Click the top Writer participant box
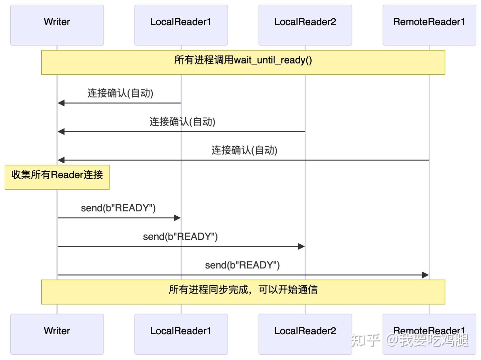57,25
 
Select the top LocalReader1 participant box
181,25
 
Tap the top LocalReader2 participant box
305,25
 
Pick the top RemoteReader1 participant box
429,25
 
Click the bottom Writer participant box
57,334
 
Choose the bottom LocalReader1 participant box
181,334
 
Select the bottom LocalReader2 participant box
305,334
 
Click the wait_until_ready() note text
243,60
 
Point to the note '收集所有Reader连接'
57,175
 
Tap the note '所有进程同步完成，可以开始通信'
243,290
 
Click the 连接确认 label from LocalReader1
120,93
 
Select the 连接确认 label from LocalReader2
182,122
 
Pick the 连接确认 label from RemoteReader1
244,150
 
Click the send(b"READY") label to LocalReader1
118,208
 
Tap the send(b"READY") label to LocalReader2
180,237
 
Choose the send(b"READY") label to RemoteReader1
242,265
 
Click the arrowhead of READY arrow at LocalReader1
177,218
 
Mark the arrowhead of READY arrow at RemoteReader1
425,275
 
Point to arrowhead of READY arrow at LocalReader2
301,246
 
